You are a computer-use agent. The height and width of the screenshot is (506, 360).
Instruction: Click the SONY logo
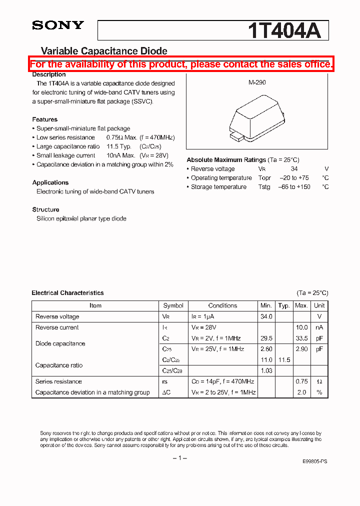57,25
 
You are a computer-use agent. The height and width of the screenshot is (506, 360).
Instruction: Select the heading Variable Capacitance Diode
103,51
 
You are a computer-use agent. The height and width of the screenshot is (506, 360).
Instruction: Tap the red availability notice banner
180,64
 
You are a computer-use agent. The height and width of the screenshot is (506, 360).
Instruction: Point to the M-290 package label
257,83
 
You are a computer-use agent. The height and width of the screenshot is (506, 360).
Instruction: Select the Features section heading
44,119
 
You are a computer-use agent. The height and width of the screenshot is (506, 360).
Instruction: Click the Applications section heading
50,182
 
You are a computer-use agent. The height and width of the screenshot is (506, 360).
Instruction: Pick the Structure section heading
45,209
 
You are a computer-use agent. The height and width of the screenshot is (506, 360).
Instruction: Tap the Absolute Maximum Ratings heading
226,160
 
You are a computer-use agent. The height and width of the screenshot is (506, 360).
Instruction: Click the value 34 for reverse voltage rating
294,169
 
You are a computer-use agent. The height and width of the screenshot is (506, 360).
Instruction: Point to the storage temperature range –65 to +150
294,187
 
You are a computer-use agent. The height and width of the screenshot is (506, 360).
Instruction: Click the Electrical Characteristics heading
67,293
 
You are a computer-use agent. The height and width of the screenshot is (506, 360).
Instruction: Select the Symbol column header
173,305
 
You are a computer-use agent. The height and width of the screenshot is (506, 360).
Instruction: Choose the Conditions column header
222,305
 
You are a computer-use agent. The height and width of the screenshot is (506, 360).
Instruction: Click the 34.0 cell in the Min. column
266,316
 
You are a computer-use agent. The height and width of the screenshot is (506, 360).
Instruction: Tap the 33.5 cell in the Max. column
301,338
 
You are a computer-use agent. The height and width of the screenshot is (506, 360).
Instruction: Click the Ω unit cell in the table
319,381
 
